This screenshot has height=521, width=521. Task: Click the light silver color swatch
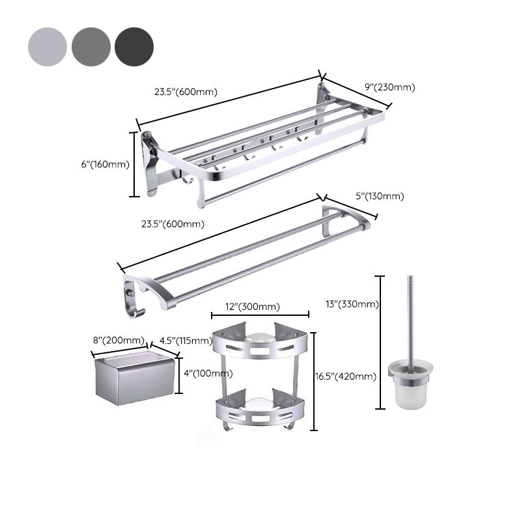click(48, 47)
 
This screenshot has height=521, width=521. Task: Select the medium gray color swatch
click(91, 47)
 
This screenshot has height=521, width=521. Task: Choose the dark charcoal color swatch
click(134, 47)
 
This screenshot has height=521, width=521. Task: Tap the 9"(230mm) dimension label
click(389, 87)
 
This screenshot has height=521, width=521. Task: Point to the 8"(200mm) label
click(119, 340)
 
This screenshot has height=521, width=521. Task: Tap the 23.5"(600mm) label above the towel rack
click(186, 92)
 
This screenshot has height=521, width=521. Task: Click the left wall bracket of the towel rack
click(149, 163)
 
